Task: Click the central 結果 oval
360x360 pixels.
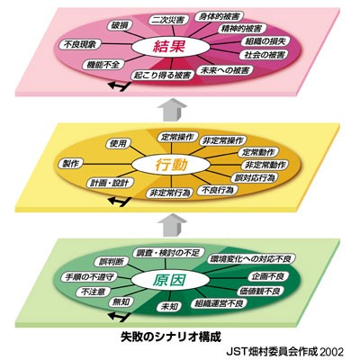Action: pyautogui.click(x=171, y=48)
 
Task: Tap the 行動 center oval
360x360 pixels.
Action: pyautogui.click(x=171, y=165)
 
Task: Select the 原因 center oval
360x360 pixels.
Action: pyautogui.click(x=171, y=280)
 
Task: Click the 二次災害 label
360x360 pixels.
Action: pyautogui.click(x=170, y=20)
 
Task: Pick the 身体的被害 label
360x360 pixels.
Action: pyautogui.click(x=219, y=16)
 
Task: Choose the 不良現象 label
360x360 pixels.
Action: pyautogui.click(x=79, y=44)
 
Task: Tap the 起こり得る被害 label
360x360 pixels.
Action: pyautogui.click(x=162, y=75)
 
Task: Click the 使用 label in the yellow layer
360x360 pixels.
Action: pyautogui.click(x=118, y=143)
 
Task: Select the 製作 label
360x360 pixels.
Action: pyautogui.click(x=71, y=164)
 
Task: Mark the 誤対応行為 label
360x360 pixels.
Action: pyautogui.click(x=255, y=178)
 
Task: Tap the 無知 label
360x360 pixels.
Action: pyautogui.click(x=121, y=301)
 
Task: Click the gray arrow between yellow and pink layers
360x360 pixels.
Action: pyautogui.click(x=172, y=111)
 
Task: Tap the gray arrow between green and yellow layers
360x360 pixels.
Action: pyautogui.click(x=172, y=225)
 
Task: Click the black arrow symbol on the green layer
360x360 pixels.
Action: pyautogui.click(x=119, y=317)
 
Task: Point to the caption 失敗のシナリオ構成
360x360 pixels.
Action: pyautogui.click(x=171, y=337)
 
